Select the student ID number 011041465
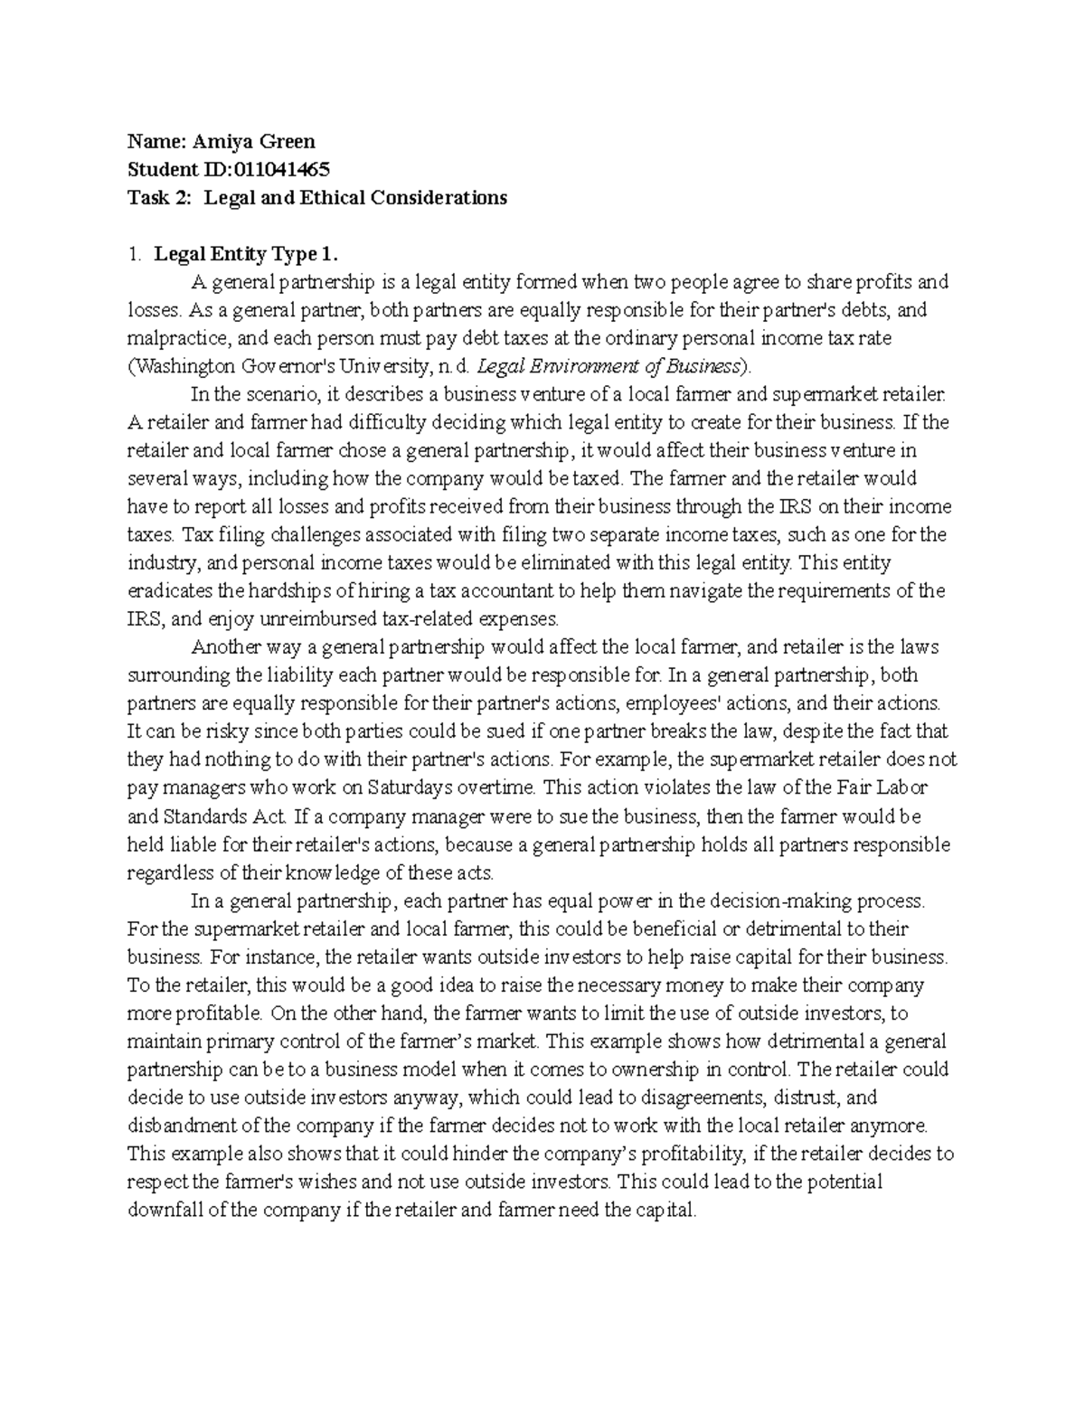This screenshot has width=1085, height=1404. tap(281, 169)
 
